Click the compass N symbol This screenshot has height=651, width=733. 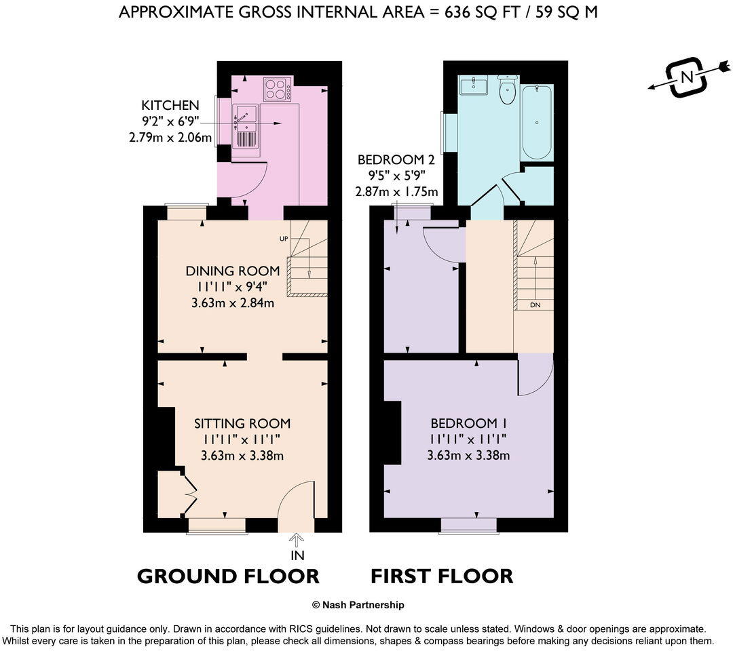(687, 77)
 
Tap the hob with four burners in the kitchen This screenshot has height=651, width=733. (277, 90)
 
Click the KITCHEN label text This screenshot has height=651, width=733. (170, 105)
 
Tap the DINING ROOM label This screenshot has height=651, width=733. (223, 271)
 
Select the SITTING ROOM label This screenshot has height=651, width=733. (242, 424)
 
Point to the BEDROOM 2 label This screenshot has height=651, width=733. (396, 160)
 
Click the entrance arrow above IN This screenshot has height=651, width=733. (297, 540)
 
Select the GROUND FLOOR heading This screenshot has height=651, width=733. (228, 576)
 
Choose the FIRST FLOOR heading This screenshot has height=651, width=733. (441, 576)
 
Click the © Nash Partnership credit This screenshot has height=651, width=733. (358, 605)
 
